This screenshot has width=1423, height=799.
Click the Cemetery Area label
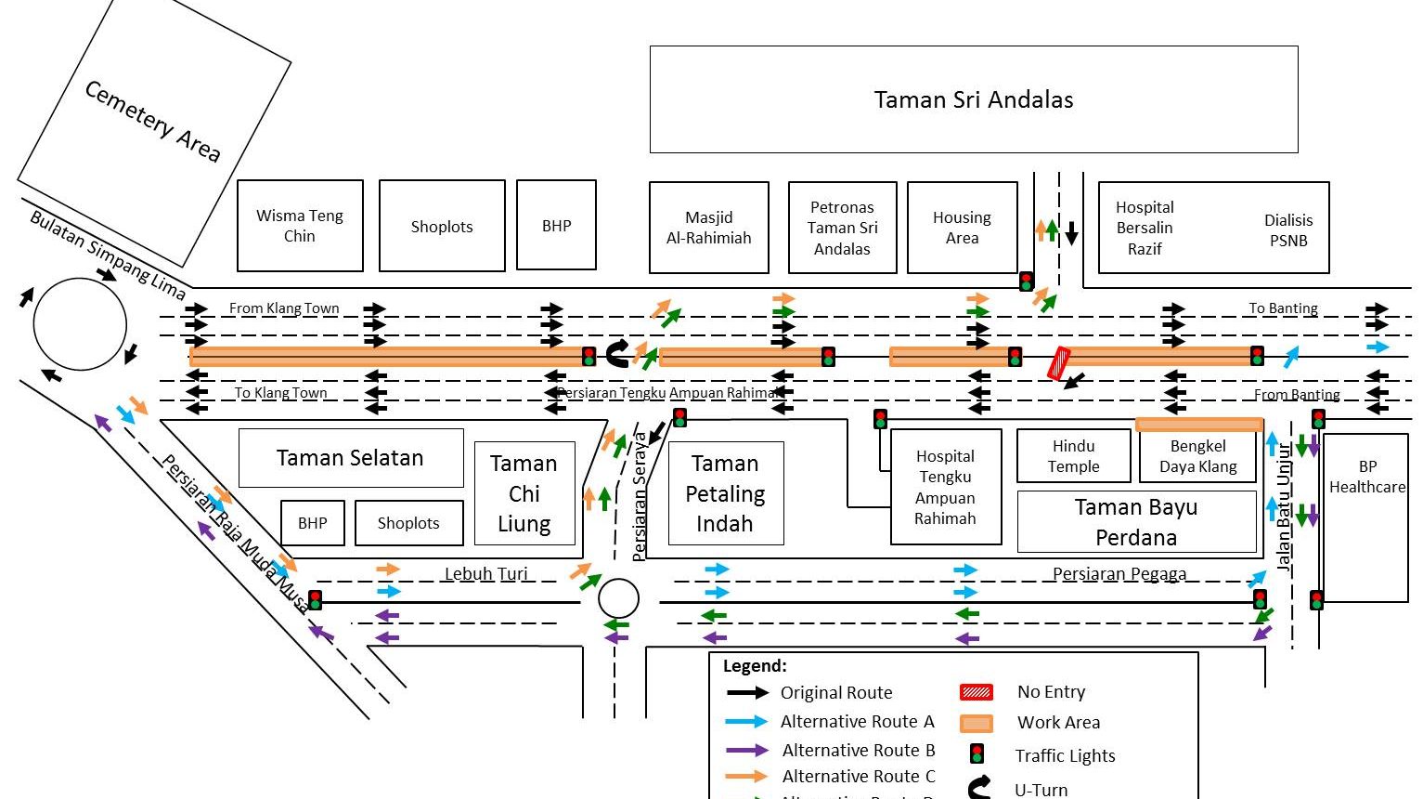[x=152, y=121]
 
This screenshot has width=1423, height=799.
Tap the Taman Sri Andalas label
[x=973, y=100]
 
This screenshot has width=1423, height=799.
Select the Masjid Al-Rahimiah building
[x=708, y=228]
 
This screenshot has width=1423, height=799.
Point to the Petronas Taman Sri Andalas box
[x=842, y=228]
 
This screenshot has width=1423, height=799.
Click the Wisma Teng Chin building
[x=299, y=226]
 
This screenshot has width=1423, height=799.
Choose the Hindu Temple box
[x=1073, y=456]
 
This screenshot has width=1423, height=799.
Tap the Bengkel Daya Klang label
[x=1197, y=456]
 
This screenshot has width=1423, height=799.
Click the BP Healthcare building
[x=1366, y=476]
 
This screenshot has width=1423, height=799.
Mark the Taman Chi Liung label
[x=524, y=493]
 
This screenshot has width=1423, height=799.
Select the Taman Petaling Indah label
[x=724, y=493]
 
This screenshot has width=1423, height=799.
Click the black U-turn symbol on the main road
[x=617, y=353]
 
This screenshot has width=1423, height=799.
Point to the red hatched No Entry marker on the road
[x=1059, y=363]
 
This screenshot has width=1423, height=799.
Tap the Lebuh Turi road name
[x=485, y=573]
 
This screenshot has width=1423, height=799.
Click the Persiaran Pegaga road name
[x=1119, y=573]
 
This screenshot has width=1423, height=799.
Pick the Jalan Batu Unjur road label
[x=1284, y=506]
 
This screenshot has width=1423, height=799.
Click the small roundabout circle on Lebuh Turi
[x=618, y=598]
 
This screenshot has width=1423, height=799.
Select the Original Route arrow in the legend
[x=747, y=692]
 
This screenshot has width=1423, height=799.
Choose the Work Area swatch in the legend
[x=976, y=723]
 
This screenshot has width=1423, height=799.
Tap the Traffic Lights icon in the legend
[x=976, y=753]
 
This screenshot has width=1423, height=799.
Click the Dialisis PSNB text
[x=1288, y=230]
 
